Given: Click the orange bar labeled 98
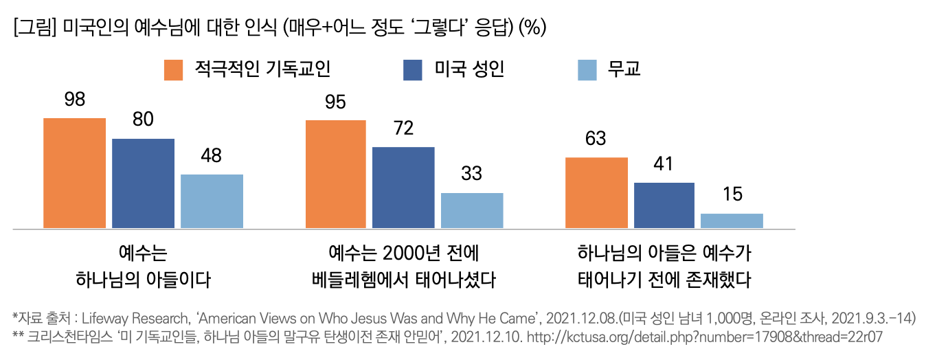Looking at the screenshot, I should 74,173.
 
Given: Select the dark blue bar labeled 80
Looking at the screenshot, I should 143,183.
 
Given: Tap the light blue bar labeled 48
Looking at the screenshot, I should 212,201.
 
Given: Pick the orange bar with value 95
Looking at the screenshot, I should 336,175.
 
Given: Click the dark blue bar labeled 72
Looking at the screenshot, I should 403,188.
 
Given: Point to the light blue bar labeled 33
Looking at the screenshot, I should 472,210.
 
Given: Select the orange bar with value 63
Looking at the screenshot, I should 596,193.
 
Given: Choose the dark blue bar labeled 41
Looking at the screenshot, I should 664,205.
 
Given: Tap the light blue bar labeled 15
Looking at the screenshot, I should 732,221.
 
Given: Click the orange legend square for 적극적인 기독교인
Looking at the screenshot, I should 173,70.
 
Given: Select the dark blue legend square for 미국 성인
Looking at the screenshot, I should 412,70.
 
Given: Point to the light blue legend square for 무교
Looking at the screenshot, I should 587,70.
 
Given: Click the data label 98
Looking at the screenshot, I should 74,100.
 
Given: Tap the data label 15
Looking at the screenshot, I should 732,194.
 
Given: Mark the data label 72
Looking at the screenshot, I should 403,128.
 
